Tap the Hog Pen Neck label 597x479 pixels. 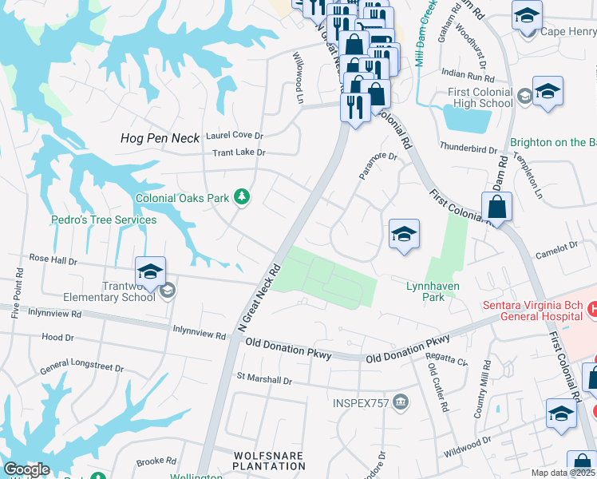click(x=159, y=138)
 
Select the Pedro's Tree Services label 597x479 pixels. click(x=104, y=220)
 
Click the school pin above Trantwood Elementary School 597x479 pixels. click(x=150, y=271)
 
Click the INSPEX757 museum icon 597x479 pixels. click(x=401, y=402)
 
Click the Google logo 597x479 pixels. click(x=27, y=469)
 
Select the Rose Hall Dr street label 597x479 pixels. click(x=53, y=259)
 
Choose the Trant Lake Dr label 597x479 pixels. click(x=239, y=152)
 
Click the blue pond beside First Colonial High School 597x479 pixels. click(x=467, y=120)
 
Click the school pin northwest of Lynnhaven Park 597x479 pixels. click(x=404, y=235)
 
